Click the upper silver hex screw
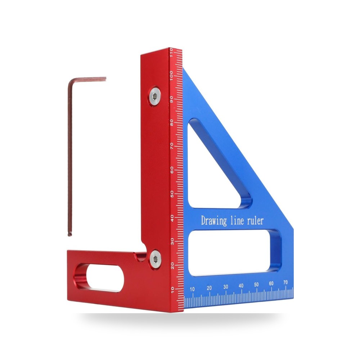tap(155, 96)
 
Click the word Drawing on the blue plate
tap(214, 221)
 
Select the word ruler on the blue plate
tap(255, 221)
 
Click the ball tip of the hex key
tap(70, 234)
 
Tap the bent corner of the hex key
tap(71, 81)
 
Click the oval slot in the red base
tap(99, 278)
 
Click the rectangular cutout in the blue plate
tap(235, 253)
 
